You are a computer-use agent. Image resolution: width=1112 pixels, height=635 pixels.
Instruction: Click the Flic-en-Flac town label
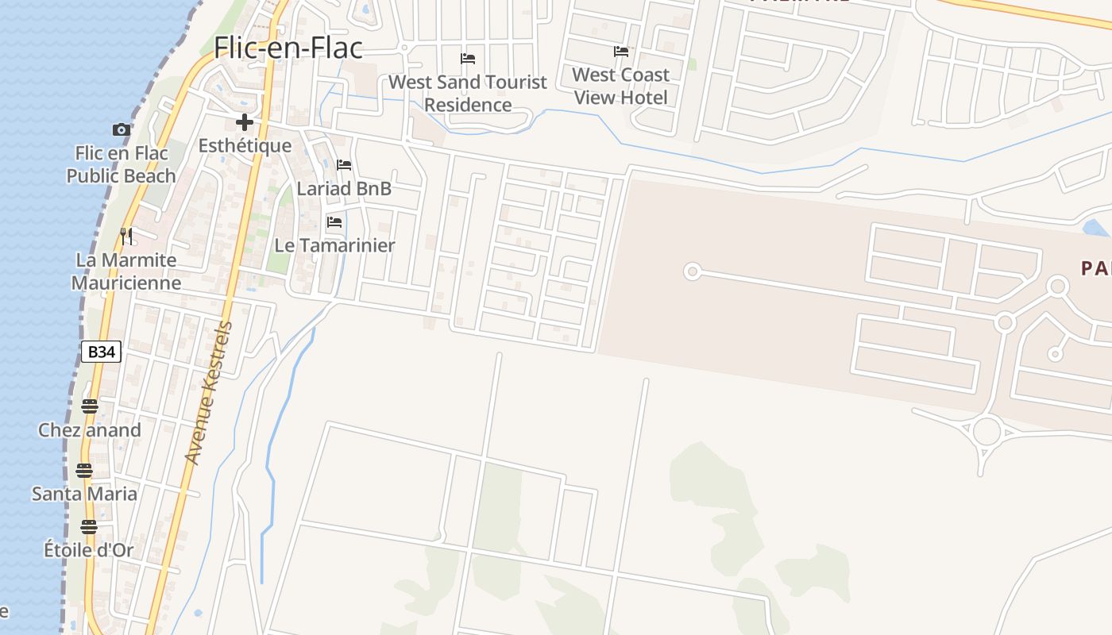click(x=288, y=48)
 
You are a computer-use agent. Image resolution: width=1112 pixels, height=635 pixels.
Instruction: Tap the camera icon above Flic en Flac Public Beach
click(x=121, y=129)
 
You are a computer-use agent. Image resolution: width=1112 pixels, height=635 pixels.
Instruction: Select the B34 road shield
click(x=101, y=352)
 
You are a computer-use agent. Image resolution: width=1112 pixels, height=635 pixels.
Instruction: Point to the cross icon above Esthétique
click(x=244, y=122)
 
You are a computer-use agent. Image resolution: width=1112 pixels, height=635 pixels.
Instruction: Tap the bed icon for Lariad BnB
click(x=344, y=165)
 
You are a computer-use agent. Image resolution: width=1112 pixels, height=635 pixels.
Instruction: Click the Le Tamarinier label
click(x=334, y=245)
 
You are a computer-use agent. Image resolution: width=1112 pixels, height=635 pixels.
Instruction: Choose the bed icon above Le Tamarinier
click(x=334, y=222)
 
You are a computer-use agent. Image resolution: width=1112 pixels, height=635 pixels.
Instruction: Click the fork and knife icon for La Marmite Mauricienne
click(x=125, y=236)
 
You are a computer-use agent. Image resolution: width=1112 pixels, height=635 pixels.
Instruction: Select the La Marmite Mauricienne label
click(x=126, y=271)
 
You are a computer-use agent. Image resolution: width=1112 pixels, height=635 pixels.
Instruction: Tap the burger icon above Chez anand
click(x=89, y=406)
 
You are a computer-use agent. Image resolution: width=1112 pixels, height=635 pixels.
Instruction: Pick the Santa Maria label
click(x=84, y=494)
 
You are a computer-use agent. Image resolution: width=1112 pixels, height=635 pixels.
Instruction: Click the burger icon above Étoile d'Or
click(x=88, y=527)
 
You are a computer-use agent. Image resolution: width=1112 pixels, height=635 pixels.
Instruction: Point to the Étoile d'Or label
click(x=88, y=550)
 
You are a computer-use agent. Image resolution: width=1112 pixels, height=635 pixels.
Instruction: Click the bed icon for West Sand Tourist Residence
click(x=468, y=59)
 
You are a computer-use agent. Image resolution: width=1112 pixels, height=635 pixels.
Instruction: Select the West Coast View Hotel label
click(x=620, y=87)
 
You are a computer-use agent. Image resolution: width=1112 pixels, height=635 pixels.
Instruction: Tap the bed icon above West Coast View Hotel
click(x=620, y=52)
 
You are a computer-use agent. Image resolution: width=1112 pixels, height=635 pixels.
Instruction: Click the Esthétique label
click(x=245, y=146)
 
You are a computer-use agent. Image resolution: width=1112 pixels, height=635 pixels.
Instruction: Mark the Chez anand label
click(x=89, y=430)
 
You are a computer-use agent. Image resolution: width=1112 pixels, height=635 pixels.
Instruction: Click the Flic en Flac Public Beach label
click(x=121, y=164)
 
